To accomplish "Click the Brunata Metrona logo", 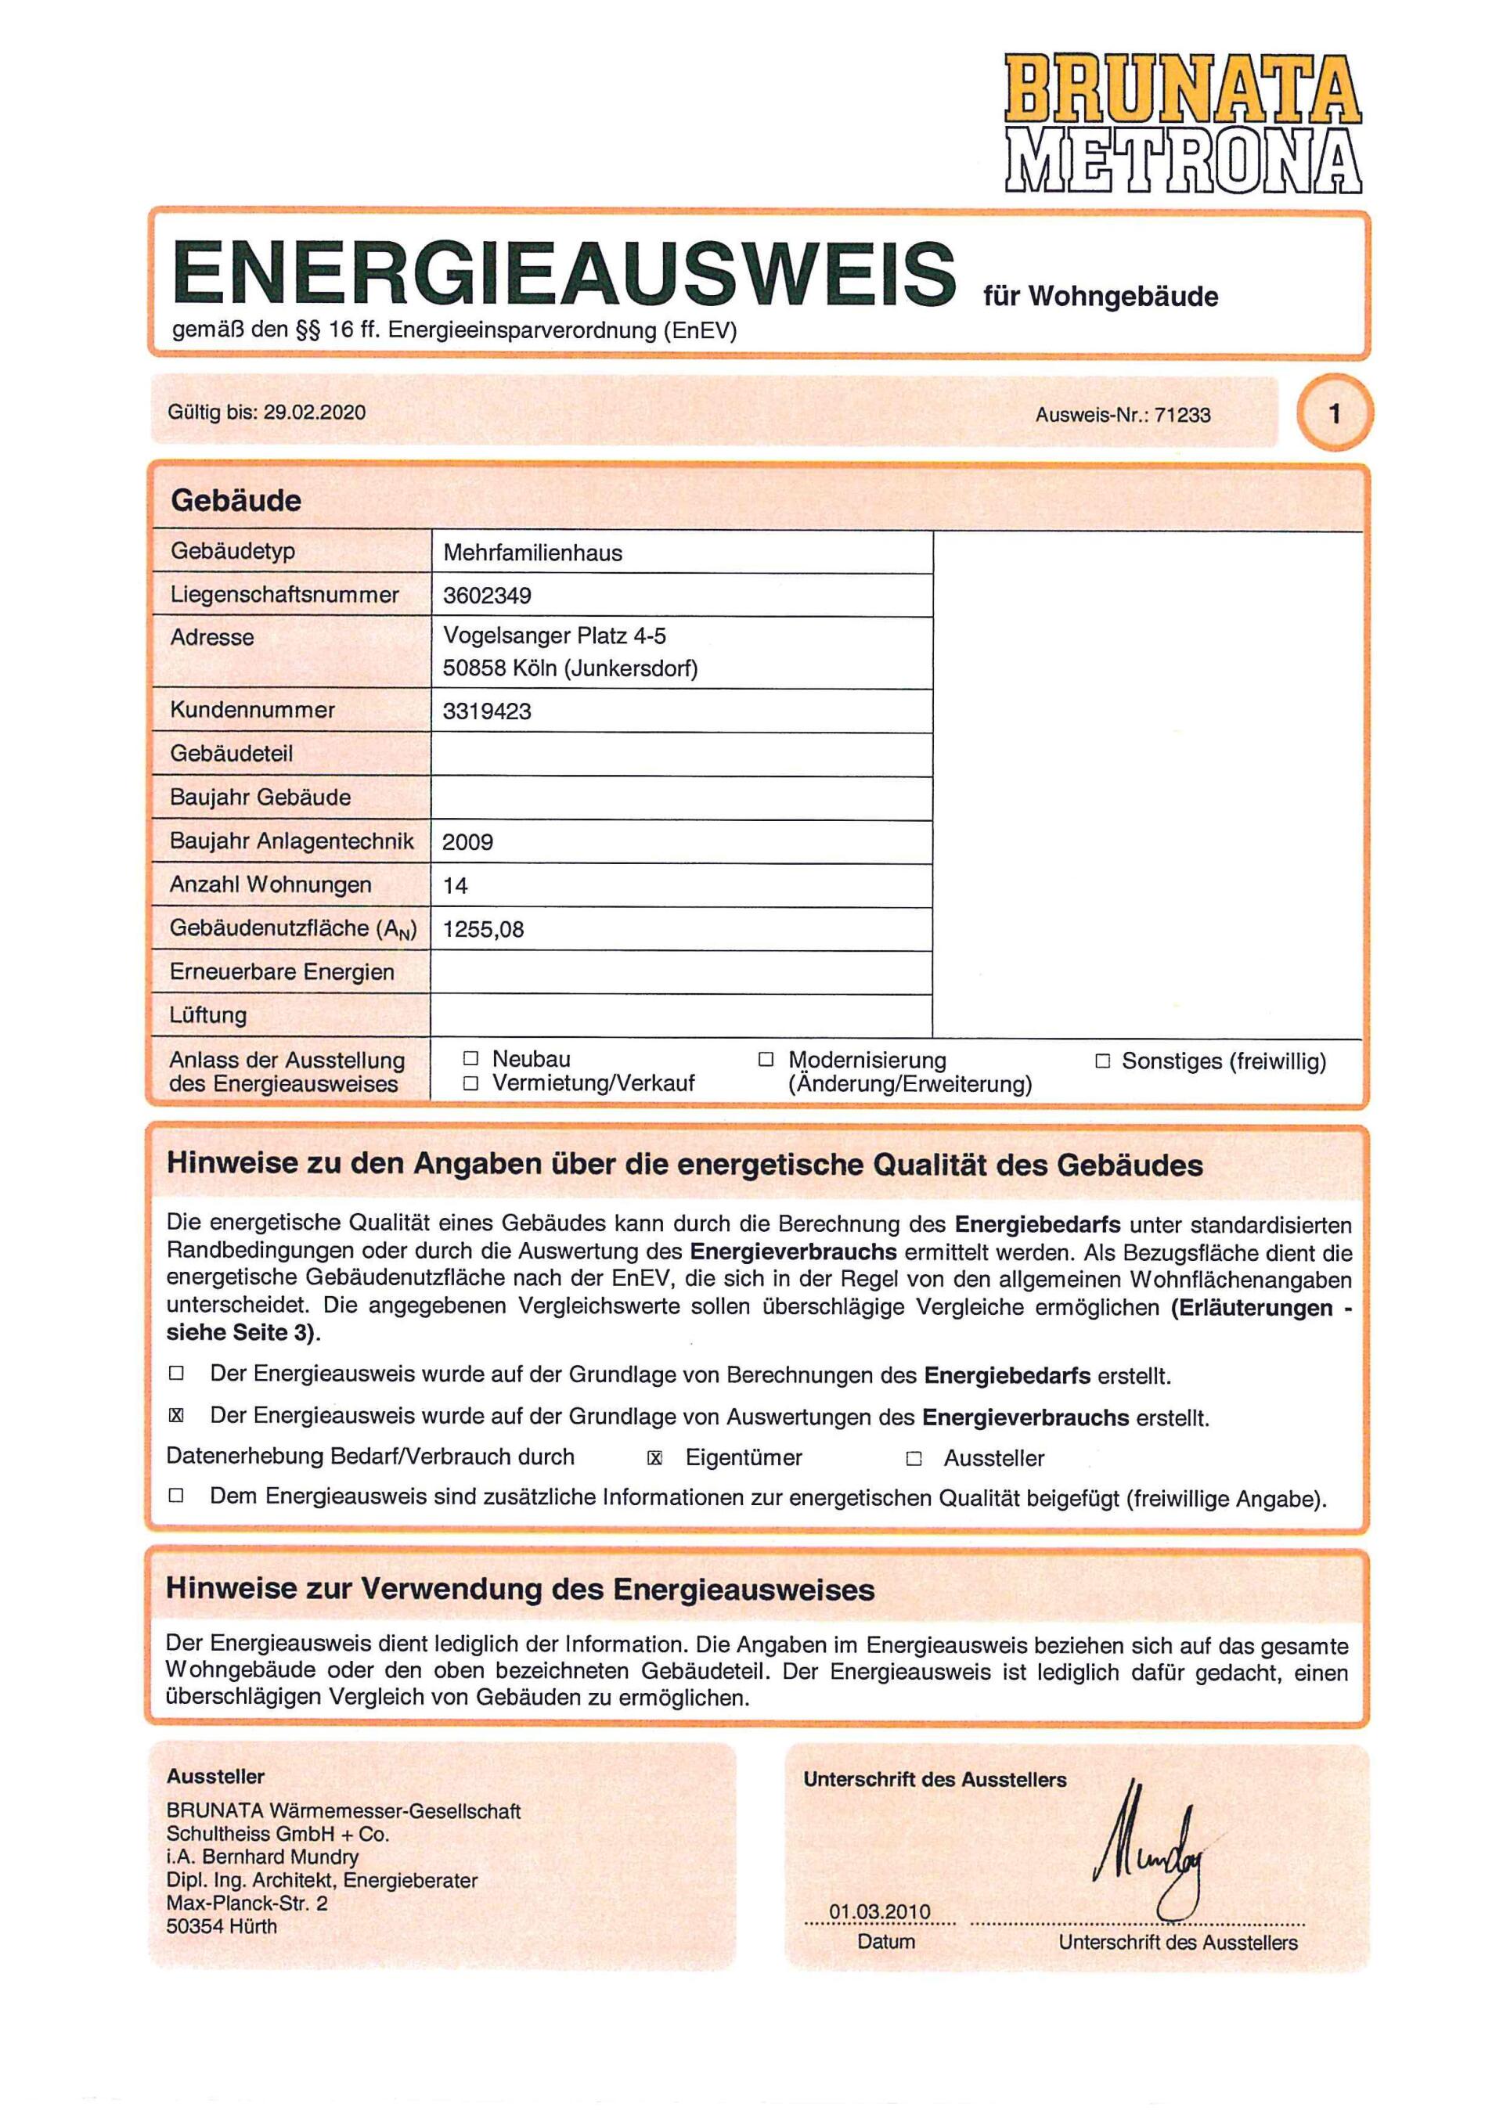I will (x=1183, y=124).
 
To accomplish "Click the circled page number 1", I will (x=1335, y=414).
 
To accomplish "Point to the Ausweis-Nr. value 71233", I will (x=1182, y=416).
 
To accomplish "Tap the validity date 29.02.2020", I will (x=315, y=412).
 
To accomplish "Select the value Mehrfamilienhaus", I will (x=532, y=553).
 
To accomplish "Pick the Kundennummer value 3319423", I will (x=487, y=711).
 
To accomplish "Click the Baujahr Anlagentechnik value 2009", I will (x=467, y=842).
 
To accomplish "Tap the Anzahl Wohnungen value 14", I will (x=456, y=886).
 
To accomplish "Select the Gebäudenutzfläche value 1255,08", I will (x=483, y=929).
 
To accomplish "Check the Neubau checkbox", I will (x=471, y=1059).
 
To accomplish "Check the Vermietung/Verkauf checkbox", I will (x=471, y=1084).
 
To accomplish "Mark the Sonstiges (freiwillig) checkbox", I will (x=1102, y=1061).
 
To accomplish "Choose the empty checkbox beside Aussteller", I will (x=914, y=1460).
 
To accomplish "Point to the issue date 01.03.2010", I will (x=879, y=1912).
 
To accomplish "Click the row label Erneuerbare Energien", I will (x=283, y=973).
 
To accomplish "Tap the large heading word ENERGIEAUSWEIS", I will (x=564, y=273).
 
